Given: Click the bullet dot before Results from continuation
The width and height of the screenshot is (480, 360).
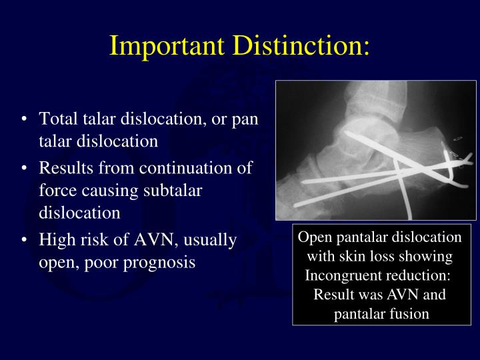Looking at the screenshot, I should (x=25, y=168).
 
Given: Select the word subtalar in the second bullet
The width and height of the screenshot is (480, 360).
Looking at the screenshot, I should (x=172, y=191).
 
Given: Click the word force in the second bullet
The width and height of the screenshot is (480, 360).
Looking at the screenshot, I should (x=56, y=191).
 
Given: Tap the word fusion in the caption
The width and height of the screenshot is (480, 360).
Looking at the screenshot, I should (x=409, y=313).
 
